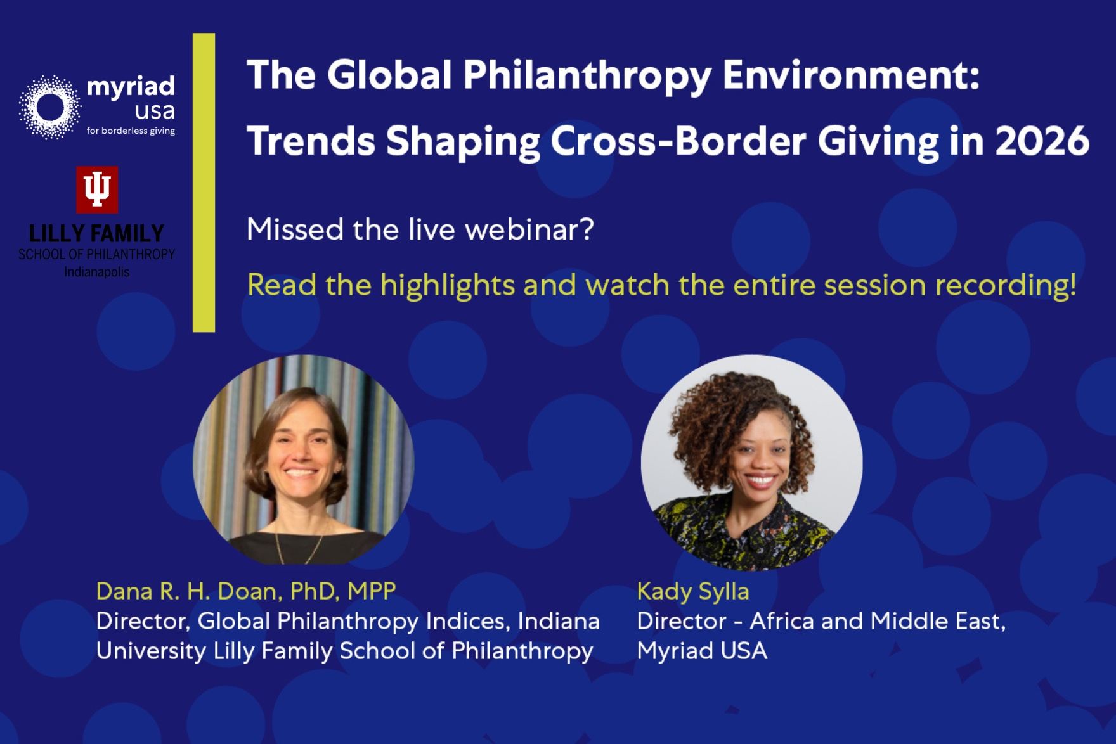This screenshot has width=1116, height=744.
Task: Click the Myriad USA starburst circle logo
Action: click(x=50, y=106)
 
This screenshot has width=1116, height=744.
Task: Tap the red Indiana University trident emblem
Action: click(x=97, y=189)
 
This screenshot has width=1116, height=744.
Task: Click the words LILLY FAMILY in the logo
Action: click(x=96, y=234)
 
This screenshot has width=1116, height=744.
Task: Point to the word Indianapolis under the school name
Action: click(x=96, y=272)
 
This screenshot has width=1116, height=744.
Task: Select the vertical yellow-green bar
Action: click(x=204, y=183)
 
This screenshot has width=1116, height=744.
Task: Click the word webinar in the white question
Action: click(x=529, y=229)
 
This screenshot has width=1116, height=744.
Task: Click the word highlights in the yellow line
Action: click(x=448, y=285)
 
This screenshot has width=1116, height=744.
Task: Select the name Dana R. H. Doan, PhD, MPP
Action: click(x=246, y=591)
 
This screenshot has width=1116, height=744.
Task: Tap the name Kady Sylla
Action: click(x=693, y=591)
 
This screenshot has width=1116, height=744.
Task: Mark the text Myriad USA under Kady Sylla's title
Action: click(x=702, y=651)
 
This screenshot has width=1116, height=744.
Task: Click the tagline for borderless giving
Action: click(x=131, y=131)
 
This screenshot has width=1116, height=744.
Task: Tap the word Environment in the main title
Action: click(x=851, y=75)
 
